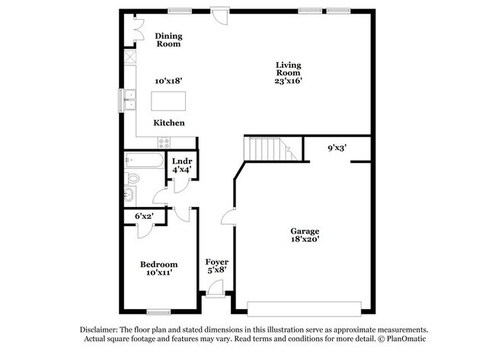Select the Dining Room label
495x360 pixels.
[168, 40]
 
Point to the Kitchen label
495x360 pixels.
[169, 123]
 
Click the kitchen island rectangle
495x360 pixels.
[168, 101]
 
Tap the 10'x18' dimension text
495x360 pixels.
[168, 81]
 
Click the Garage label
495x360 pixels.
[304, 231]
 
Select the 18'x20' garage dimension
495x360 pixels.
[304, 240]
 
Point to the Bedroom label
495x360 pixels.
[159, 264]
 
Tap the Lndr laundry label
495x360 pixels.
[181, 161]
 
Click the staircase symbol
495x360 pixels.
[268, 148]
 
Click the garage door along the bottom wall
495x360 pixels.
[304, 308]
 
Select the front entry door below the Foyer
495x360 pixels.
[216, 288]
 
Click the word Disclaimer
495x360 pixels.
[103, 330]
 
